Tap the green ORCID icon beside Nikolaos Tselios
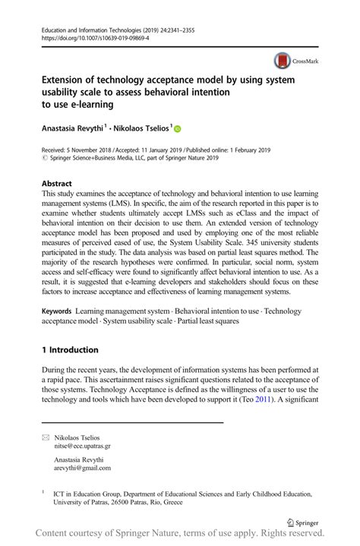pyautogui.click(x=179, y=130)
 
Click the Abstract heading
pyautogui.click(x=57, y=184)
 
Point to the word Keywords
pyautogui.click(x=57, y=312)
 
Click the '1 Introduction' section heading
pyautogui.click(x=70, y=350)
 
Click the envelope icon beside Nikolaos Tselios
pyautogui.click(x=45, y=438)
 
